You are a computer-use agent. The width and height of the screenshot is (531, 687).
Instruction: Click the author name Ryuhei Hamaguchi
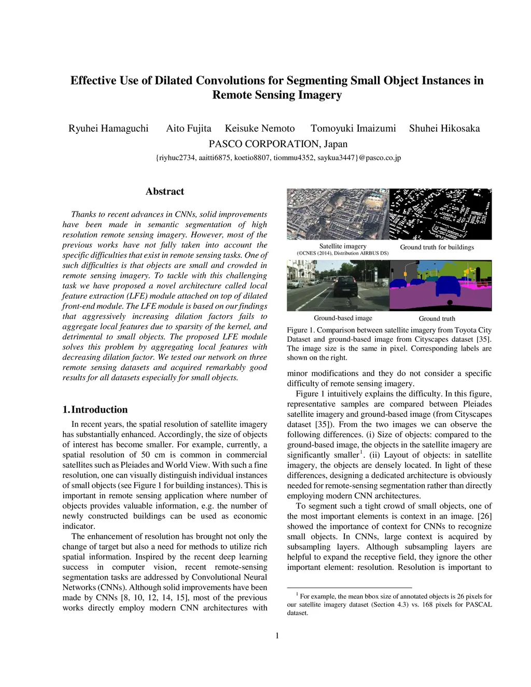click(x=108, y=129)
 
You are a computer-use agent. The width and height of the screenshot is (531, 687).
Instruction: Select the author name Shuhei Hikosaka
click(x=444, y=129)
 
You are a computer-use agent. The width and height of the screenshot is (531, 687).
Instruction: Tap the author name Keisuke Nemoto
click(x=260, y=129)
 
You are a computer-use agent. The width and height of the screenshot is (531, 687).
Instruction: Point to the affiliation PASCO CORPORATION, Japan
click(x=278, y=144)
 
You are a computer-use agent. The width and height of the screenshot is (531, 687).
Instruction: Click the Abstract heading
click(x=165, y=191)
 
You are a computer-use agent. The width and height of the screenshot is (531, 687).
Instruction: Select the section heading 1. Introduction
click(x=95, y=410)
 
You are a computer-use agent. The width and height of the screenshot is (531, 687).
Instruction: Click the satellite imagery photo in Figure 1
click(x=338, y=214)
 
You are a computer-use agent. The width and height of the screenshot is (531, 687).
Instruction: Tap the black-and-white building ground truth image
click(x=440, y=214)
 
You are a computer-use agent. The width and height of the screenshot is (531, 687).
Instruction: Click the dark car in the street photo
click(x=344, y=287)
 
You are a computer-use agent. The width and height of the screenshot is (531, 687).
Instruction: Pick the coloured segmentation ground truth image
click(x=440, y=285)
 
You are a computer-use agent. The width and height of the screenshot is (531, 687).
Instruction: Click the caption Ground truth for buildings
click(x=437, y=247)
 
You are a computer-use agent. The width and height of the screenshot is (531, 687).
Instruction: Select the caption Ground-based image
click(x=343, y=318)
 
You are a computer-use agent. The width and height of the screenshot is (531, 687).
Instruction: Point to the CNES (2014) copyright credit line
click(x=343, y=254)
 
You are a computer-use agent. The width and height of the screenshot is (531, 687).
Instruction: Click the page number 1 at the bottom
click(x=277, y=636)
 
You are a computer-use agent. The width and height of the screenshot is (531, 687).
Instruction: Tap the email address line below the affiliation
click(x=278, y=158)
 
